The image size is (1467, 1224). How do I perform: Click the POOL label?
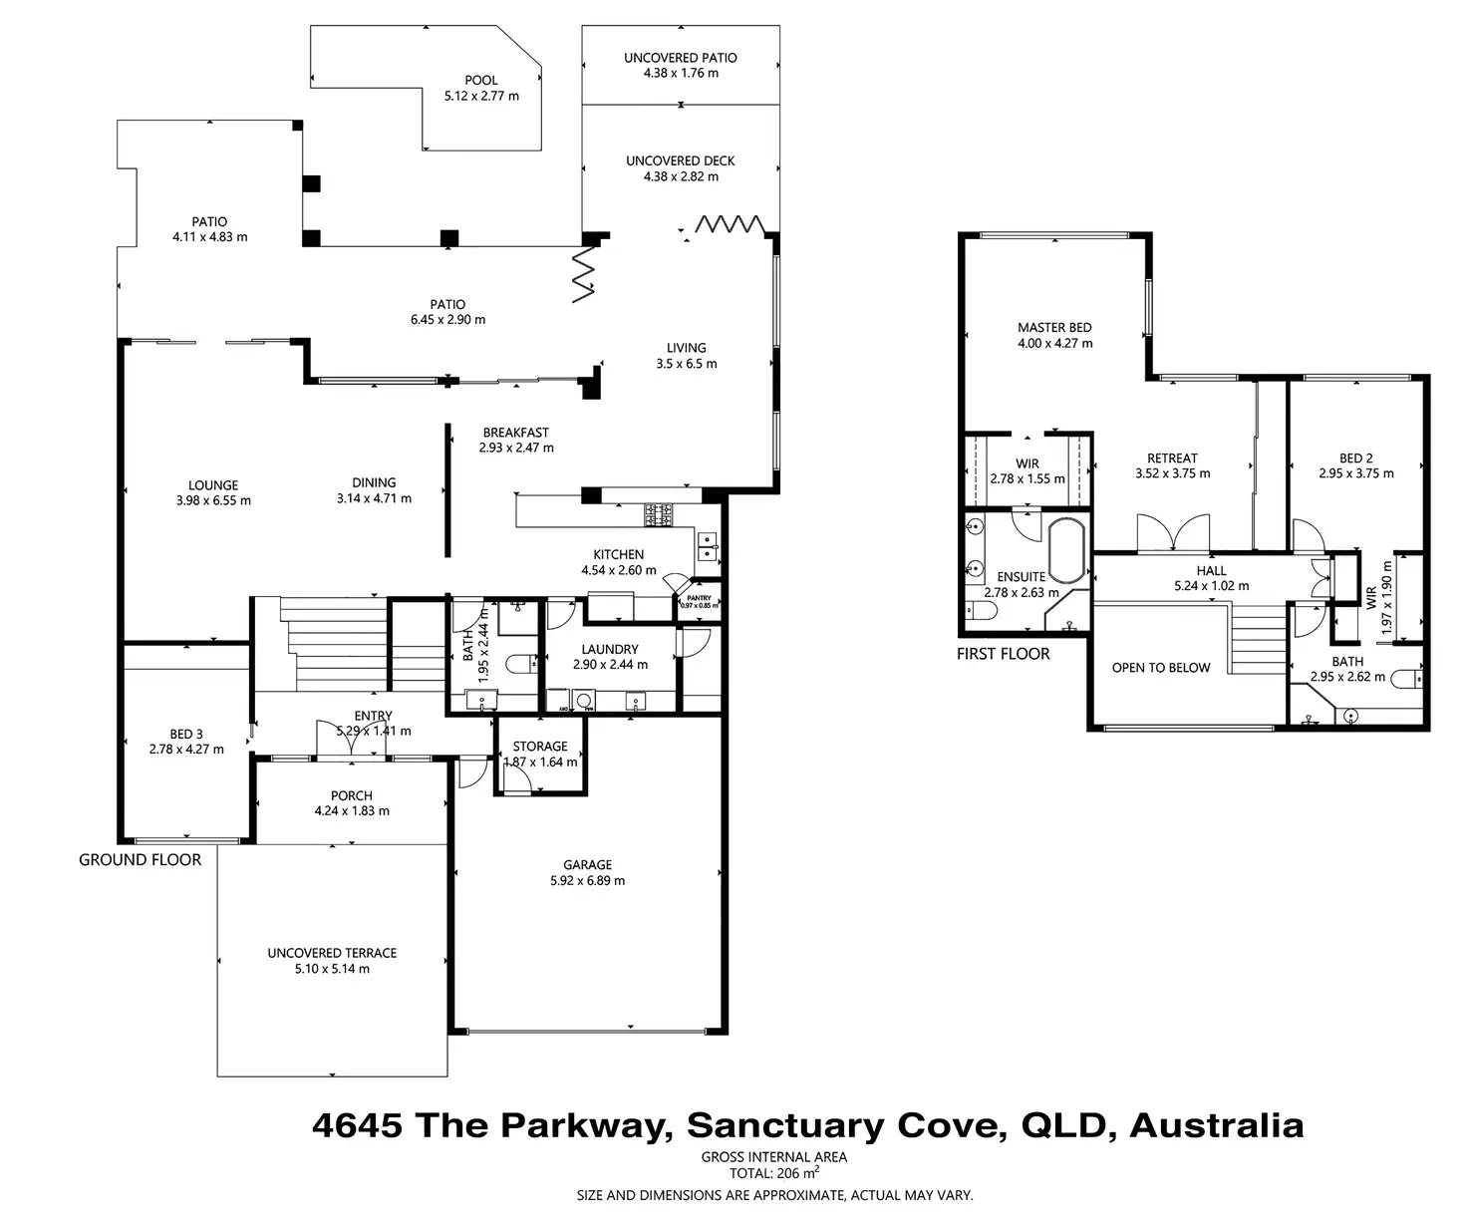[x=481, y=81]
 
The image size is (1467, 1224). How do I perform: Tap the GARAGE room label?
[x=587, y=865]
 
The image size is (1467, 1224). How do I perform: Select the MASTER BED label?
[x=1054, y=327]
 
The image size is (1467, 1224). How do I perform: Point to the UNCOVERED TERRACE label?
[x=332, y=953]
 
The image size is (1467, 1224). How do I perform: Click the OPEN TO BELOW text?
[x=1161, y=668]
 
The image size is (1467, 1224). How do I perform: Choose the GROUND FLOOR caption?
[x=141, y=859]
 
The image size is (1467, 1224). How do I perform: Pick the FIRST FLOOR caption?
[x=1004, y=654]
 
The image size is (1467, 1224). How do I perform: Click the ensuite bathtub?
[x=1068, y=550]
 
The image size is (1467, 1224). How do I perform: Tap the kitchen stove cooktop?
[x=659, y=514]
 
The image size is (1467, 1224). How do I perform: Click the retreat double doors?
[x=1173, y=534]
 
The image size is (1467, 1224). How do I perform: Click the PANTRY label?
[x=699, y=598]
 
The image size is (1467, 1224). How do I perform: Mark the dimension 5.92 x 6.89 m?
[x=587, y=881]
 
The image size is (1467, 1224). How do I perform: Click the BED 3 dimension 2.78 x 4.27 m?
[x=186, y=750]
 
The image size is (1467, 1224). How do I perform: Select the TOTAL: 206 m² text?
[x=773, y=1174]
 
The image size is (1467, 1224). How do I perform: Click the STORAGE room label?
[x=540, y=747]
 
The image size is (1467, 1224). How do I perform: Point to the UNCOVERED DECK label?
[x=681, y=160]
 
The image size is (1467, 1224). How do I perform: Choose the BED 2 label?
[x=1355, y=459]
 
